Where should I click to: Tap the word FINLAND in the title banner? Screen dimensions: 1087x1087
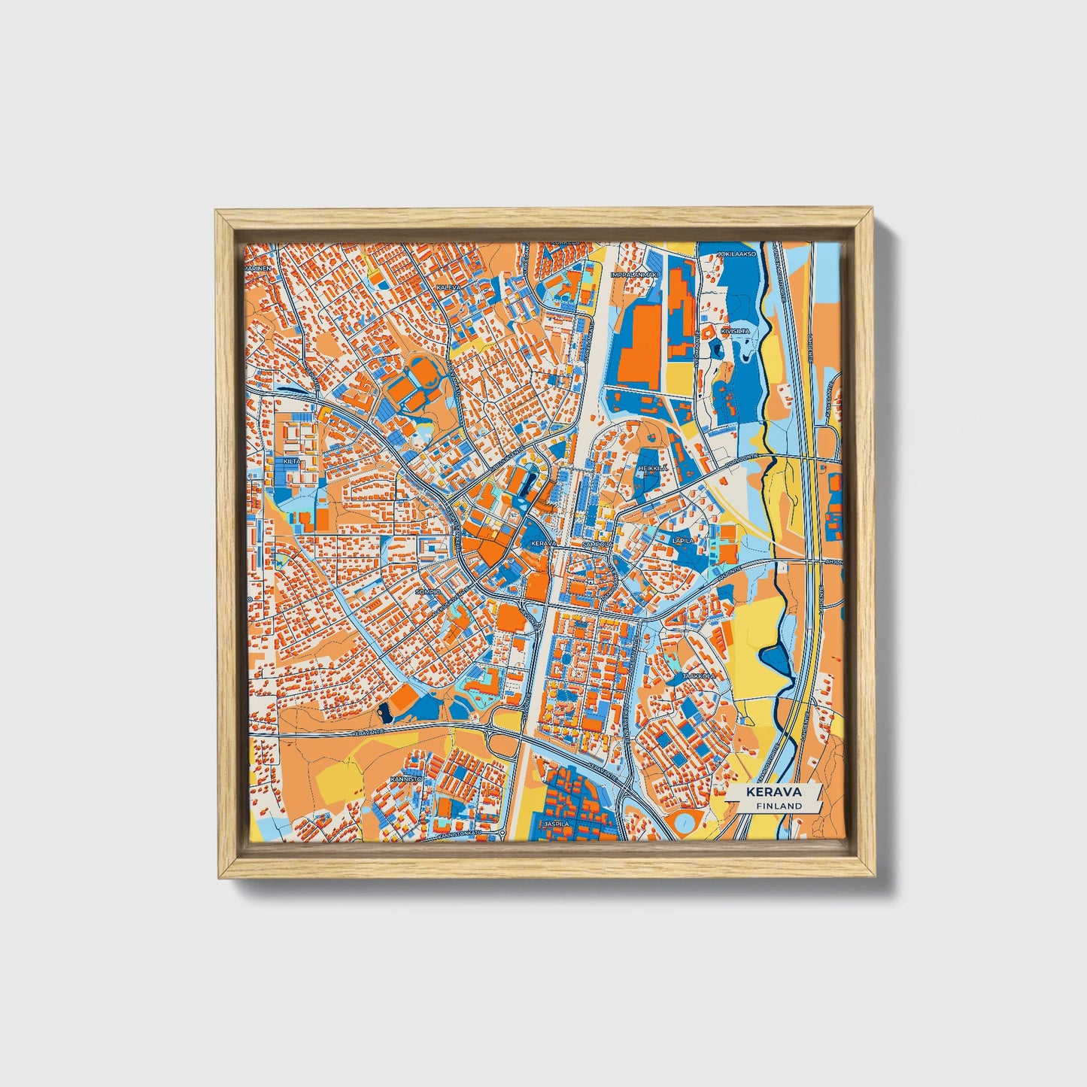click(x=779, y=806)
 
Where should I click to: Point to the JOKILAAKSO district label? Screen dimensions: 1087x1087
click(x=736, y=254)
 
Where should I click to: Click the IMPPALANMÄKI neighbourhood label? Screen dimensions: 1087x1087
click(x=634, y=275)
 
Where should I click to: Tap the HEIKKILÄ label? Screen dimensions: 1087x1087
click(x=651, y=468)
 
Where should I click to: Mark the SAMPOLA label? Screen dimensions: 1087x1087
click(x=594, y=542)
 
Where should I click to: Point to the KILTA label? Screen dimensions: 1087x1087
click(x=291, y=461)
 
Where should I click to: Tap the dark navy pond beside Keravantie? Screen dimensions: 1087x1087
click(x=386, y=711)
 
